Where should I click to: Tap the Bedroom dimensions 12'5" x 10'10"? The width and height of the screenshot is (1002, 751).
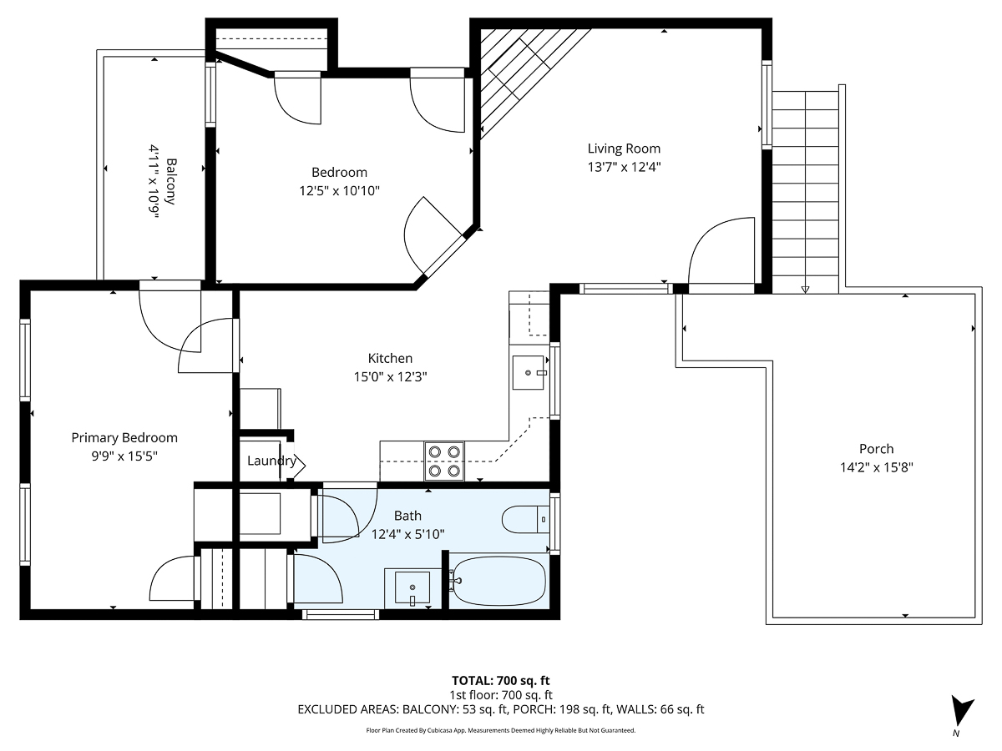[339, 191]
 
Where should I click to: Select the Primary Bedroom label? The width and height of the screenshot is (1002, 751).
[124, 437]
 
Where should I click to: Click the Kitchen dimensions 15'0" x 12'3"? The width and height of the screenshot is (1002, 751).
[390, 376]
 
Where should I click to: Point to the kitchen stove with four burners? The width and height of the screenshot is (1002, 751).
[444, 461]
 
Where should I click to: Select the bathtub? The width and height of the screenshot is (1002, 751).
[498, 582]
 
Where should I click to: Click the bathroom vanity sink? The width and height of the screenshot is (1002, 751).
[407, 587]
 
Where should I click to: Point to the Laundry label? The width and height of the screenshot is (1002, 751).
[271, 461]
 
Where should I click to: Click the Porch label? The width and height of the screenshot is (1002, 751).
[876, 449]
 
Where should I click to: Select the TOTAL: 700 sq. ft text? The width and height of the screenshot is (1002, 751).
[501, 681]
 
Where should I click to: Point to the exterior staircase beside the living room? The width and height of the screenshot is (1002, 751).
[805, 188]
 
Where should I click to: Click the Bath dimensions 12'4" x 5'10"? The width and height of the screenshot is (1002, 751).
[407, 534]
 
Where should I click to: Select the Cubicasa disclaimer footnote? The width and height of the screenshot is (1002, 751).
[501, 730]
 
